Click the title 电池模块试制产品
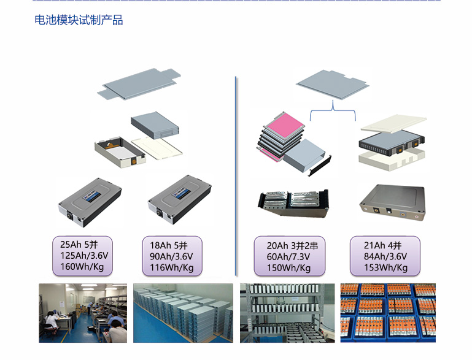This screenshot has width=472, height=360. click(x=79, y=20)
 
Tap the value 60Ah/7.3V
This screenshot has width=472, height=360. click(x=288, y=256)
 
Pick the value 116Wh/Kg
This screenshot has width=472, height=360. click(x=172, y=267)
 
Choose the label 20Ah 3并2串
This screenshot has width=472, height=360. click(x=290, y=245)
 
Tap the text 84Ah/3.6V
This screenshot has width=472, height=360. click(x=385, y=256)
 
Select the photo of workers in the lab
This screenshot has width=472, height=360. click(x=83, y=313)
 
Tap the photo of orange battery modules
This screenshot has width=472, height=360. click(x=388, y=313)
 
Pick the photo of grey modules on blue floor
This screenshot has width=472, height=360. click(x=184, y=313)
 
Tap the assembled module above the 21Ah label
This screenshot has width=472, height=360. click(x=391, y=201)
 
